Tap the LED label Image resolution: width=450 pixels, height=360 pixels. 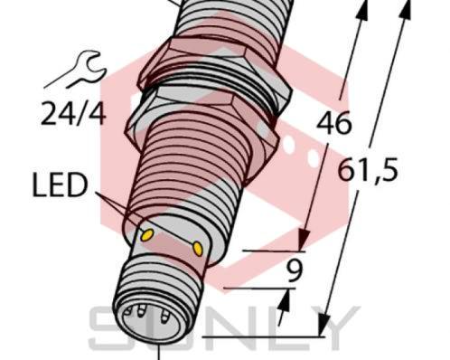59,187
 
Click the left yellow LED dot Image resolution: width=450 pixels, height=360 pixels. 146,235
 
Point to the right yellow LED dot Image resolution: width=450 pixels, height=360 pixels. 197,246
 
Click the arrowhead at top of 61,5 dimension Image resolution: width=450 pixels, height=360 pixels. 402,9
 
